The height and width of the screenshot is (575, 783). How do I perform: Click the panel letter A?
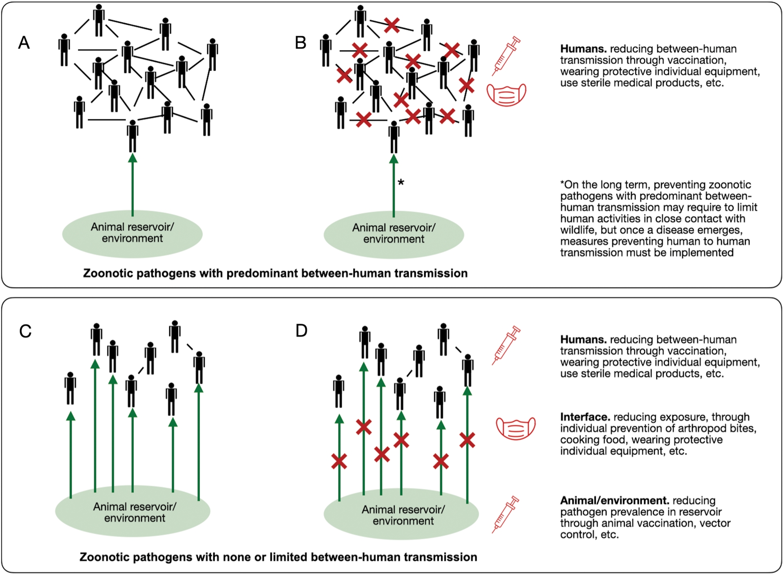[x=24, y=43]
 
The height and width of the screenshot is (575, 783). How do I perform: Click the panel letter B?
[x=301, y=43]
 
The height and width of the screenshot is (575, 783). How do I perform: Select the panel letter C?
[x=25, y=331]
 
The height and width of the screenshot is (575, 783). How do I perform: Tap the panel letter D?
[x=301, y=330]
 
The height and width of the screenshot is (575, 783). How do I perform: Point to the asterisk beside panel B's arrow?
[x=401, y=182]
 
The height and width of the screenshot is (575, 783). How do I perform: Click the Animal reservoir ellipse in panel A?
[x=132, y=234]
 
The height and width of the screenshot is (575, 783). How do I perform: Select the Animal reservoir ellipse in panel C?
[x=133, y=511]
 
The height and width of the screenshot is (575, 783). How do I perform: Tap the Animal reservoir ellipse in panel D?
[x=401, y=514]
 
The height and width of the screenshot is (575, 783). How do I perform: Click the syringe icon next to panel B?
[x=506, y=56]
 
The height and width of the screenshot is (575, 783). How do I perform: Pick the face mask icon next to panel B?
[x=507, y=95]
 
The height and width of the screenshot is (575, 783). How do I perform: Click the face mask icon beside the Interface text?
[x=516, y=428]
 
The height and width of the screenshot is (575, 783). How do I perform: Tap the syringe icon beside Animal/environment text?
[x=505, y=515]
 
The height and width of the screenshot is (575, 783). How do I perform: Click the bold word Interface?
[x=585, y=417]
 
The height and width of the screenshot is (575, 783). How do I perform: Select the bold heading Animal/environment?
[x=615, y=500]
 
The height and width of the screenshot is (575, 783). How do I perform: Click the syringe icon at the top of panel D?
[x=506, y=345]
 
